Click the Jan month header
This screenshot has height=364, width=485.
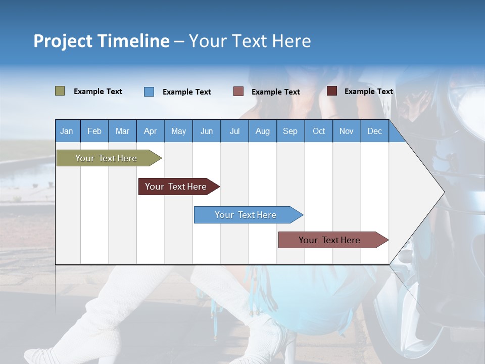(67, 131)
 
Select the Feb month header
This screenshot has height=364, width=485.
(94, 131)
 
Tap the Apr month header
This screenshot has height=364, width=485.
(150, 131)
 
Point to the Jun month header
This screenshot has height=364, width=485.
(207, 131)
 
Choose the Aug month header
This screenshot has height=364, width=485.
(262, 131)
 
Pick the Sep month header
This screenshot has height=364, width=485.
(290, 131)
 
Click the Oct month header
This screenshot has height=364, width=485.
(319, 131)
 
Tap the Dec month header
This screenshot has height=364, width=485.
(374, 131)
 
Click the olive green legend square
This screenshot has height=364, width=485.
(60, 91)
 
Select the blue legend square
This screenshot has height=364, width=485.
(149, 92)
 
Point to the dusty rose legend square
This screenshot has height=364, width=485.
(238, 92)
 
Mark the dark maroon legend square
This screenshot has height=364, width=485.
(332, 91)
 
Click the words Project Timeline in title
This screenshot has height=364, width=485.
(101, 41)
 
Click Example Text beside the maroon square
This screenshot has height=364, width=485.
(368, 92)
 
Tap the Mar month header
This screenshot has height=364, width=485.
(122, 131)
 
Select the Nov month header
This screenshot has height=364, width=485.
(346, 131)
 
